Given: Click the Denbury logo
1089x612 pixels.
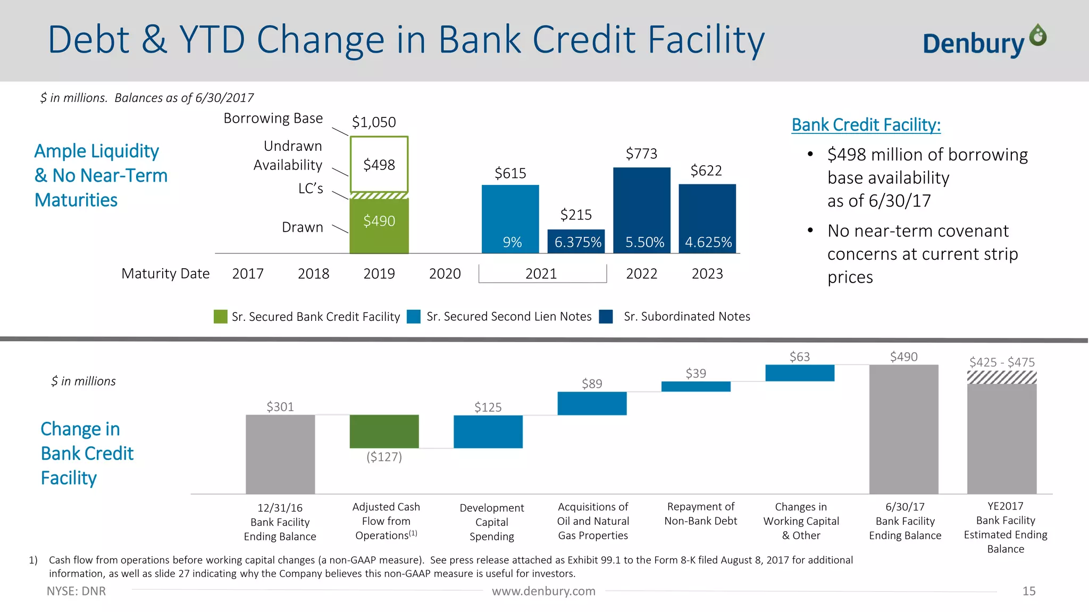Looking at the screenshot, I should (984, 41).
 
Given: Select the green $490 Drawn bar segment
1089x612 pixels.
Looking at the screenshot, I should (379, 225).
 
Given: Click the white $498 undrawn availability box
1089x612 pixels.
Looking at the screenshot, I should (379, 165).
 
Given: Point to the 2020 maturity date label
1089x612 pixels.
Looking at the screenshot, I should (445, 274).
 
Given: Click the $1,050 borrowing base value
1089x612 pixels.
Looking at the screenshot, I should (374, 122).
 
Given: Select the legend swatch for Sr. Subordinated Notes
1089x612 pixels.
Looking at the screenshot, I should (606, 317).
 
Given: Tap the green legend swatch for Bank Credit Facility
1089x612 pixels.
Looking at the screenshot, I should (220, 317).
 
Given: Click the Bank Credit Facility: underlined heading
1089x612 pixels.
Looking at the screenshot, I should (866, 125).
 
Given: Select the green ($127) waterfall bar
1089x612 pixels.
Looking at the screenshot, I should (384, 431).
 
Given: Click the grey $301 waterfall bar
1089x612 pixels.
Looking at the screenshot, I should (280, 454).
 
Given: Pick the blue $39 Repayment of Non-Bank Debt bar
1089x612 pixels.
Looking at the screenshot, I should (696, 386).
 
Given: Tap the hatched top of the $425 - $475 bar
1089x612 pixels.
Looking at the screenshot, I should (1002, 377).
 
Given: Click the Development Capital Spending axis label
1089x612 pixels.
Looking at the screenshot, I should (491, 522).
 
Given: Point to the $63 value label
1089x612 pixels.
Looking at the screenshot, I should (799, 356).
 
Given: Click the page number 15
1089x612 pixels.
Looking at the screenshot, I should (1028, 591).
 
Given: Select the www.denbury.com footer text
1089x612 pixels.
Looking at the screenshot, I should (543, 591).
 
